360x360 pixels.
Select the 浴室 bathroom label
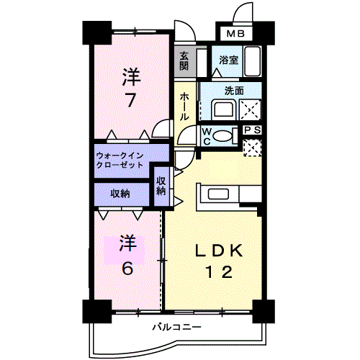click(x=229, y=61)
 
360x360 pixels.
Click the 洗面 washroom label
click(x=233, y=91)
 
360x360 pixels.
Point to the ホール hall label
click(x=185, y=105)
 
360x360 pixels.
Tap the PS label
click(x=252, y=130)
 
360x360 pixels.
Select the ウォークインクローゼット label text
click(x=121, y=160)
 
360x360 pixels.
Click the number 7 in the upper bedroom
click(x=130, y=99)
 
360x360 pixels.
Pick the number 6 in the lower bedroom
click(x=127, y=267)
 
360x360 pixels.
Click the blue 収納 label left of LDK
click(x=120, y=193)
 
